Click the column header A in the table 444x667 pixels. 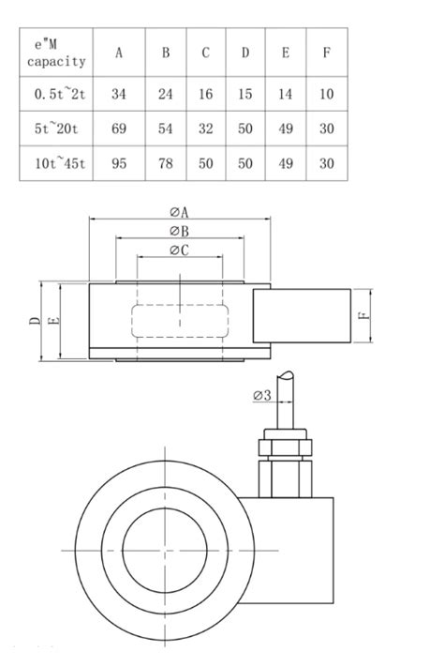pyautogui.click(x=119, y=53)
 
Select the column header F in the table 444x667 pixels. pyautogui.click(x=326, y=53)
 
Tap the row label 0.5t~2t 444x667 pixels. pyautogui.click(x=60, y=94)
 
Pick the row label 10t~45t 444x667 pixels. pyautogui.click(x=60, y=163)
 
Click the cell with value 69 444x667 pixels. pyautogui.click(x=119, y=129)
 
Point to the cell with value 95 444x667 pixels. pyautogui.click(x=119, y=163)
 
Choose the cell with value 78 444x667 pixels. pyautogui.click(x=166, y=163)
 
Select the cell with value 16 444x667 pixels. pyautogui.click(x=206, y=94)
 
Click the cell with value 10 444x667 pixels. pyautogui.click(x=326, y=94)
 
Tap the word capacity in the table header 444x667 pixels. pyautogui.click(x=56, y=62)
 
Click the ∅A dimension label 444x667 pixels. pyautogui.click(x=179, y=212)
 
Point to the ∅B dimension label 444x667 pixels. pyautogui.click(x=179, y=231)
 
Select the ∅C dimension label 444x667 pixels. pyautogui.click(x=179, y=250)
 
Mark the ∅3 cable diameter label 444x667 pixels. pyautogui.click(x=261, y=396)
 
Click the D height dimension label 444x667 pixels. pyautogui.click(x=35, y=321)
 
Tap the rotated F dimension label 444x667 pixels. pyautogui.click(x=363, y=315)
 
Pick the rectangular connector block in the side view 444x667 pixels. pyautogui.click(x=302, y=315)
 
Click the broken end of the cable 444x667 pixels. pyautogui.click(x=285, y=375)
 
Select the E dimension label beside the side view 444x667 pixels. pyautogui.click(x=55, y=321)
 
